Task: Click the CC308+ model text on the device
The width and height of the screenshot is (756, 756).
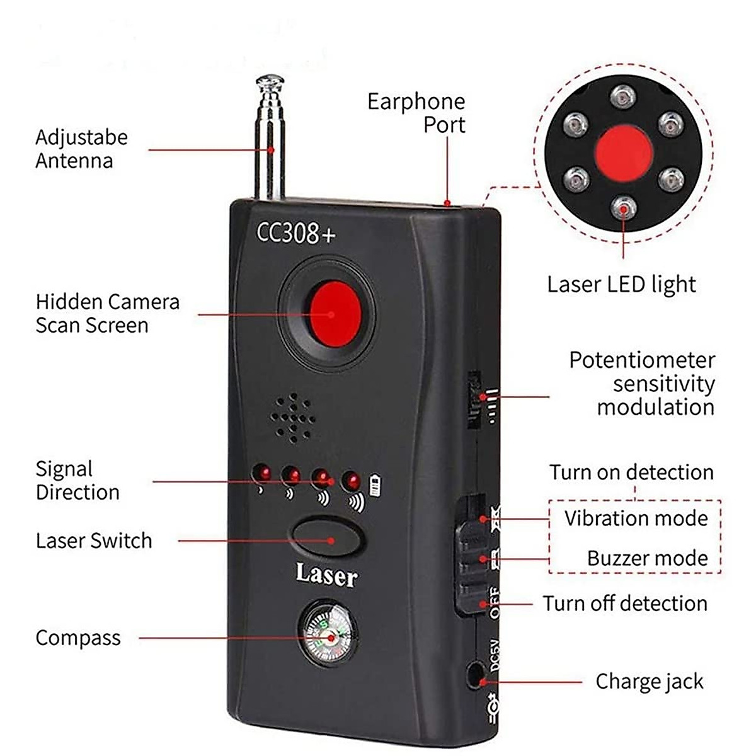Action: pyautogui.click(x=295, y=232)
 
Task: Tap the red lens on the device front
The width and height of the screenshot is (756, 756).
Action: pyautogui.click(x=336, y=314)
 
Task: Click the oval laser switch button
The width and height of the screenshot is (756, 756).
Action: pyautogui.click(x=327, y=536)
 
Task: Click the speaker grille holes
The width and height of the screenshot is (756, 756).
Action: pyautogui.click(x=292, y=417)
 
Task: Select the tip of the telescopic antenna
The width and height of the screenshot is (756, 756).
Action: pyautogui.click(x=270, y=81)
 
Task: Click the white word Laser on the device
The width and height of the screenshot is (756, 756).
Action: pyautogui.click(x=326, y=575)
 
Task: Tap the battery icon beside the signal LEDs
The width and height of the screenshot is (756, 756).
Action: pyautogui.click(x=375, y=486)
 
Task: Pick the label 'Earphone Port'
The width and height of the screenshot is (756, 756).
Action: pyautogui.click(x=416, y=113)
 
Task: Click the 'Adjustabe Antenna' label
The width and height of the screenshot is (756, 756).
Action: pyautogui.click(x=81, y=149)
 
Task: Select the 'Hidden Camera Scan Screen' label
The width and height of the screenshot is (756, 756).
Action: pyautogui.click(x=107, y=313)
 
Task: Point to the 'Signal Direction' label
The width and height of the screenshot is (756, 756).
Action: pyautogui.click(x=77, y=481)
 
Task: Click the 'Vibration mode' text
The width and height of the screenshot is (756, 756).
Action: pyautogui.click(x=636, y=518)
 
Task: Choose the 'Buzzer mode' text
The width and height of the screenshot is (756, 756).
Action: pyautogui.click(x=647, y=558)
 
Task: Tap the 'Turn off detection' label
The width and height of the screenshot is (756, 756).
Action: pyautogui.click(x=625, y=604)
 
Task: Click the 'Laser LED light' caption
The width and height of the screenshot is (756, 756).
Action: pyautogui.click(x=621, y=285)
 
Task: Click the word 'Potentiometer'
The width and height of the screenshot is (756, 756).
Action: pyautogui.click(x=642, y=360)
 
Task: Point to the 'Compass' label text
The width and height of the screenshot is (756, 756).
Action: pyautogui.click(x=77, y=638)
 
